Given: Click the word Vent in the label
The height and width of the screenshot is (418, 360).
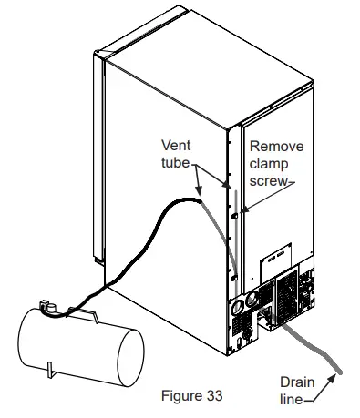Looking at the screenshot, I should pos(176,145).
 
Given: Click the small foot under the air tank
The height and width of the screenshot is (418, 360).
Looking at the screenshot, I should pos(53,372).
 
